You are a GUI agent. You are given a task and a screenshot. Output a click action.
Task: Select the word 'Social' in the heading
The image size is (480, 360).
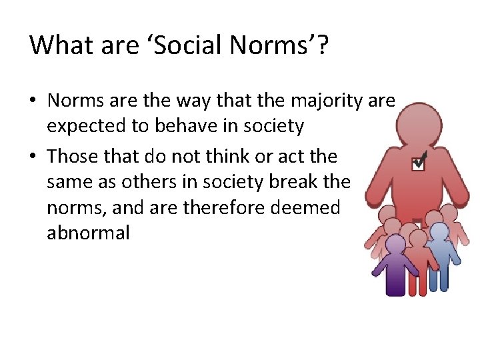[177, 45]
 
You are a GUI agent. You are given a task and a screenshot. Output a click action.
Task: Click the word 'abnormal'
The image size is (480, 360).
[88, 233]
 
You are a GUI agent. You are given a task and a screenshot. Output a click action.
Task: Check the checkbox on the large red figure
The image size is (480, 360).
[418, 162]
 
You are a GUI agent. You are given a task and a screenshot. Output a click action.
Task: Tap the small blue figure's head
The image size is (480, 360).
[438, 231]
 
